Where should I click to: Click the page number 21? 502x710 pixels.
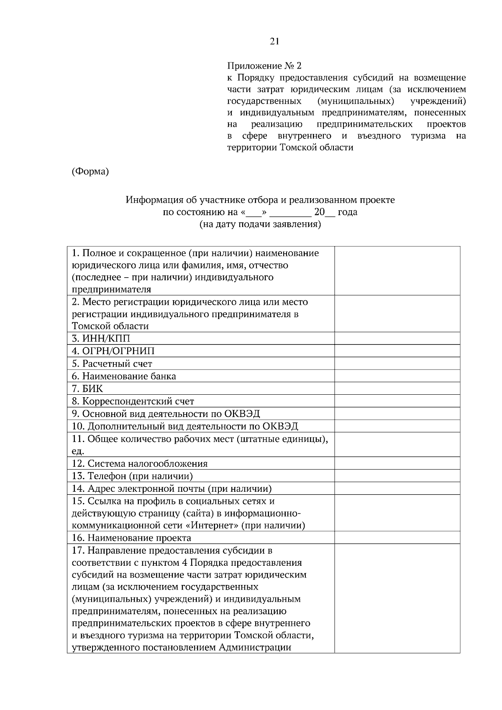click(x=274, y=41)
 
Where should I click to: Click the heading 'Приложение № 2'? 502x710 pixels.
click(x=264, y=66)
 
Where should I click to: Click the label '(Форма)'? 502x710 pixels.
click(x=90, y=171)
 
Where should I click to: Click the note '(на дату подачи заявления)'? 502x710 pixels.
click(x=260, y=224)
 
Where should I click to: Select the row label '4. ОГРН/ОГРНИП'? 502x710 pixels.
click(x=113, y=351)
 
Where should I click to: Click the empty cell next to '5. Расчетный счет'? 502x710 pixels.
click(x=397, y=364)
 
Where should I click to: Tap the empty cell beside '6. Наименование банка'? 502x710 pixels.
click(x=397, y=376)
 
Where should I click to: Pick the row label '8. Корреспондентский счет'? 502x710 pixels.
click(x=133, y=401)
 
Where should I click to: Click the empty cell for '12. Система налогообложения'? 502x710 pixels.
click(x=397, y=464)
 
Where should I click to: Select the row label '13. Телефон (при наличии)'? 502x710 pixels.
click(x=132, y=476)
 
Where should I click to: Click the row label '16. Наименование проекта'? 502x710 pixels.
click(x=131, y=538)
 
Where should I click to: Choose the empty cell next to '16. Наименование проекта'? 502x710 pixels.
click(x=397, y=538)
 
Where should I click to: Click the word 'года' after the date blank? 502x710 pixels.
click(x=347, y=212)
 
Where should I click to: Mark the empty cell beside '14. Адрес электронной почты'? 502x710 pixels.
click(x=397, y=488)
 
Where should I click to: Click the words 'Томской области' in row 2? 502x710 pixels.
click(x=110, y=326)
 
